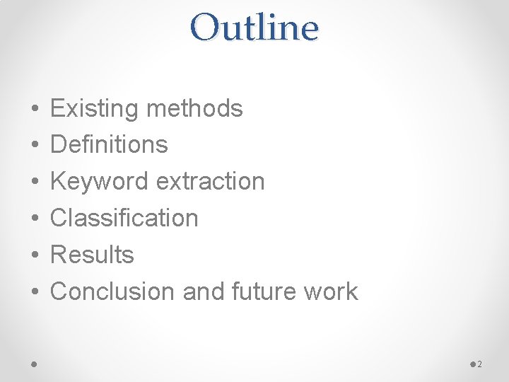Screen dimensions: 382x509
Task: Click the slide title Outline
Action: tap(255, 28)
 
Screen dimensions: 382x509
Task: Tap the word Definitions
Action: tap(109, 145)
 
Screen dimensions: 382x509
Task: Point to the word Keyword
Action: tap(100, 182)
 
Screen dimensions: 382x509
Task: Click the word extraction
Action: tap(210, 182)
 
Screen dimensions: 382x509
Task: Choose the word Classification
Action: tap(124, 218)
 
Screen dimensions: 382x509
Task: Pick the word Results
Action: tap(92, 255)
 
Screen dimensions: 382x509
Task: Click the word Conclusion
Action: tap(113, 291)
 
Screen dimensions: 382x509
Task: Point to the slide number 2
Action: tap(479, 364)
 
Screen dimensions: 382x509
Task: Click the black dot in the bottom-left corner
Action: tap(35, 364)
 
